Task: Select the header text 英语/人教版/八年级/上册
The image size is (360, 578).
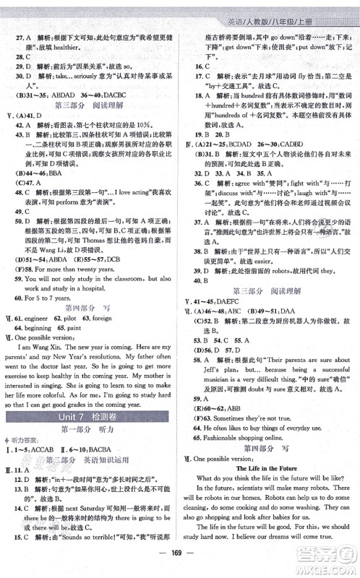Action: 297,9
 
